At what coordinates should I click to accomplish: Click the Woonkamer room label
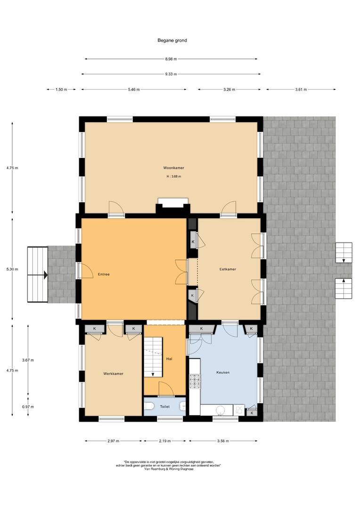point(174,168)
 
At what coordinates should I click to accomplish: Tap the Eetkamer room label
point(228,269)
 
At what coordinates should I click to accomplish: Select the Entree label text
point(104,274)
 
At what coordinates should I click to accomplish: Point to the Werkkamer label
point(113,374)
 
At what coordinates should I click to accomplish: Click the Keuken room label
point(223,372)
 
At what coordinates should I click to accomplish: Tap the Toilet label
point(164,406)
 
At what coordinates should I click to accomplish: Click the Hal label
point(169,359)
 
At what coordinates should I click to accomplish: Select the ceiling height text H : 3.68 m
point(174,177)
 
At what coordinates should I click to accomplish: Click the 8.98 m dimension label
point(171,59)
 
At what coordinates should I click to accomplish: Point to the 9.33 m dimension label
point(171,74)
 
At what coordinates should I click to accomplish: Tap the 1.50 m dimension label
point(61,90)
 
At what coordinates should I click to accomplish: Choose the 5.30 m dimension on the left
point(12,269)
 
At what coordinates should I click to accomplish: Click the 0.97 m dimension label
point(28,407)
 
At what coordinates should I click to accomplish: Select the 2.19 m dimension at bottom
point(165,441)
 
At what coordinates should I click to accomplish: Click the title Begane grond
point(172,41)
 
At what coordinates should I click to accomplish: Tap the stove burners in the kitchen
point(195,381)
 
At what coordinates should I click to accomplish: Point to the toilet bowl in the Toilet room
point(149,406)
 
